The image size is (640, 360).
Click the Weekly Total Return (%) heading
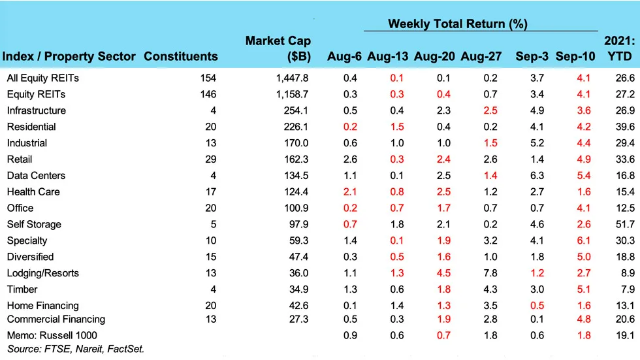point(458,24)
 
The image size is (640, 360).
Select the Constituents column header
point(181,56)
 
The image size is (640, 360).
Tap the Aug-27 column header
point(481,56)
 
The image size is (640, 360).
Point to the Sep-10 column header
point(575,56)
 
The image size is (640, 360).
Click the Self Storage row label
point(34,224)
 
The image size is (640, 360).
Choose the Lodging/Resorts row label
point(43,273)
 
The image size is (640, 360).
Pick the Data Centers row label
point(36,176)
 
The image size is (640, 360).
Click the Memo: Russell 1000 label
point(52,336)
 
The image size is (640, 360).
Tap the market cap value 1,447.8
point(293,78)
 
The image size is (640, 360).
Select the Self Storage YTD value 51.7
point(625,224)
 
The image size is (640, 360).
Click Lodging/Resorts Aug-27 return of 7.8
point(490,273)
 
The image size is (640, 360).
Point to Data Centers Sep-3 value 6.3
point(537,176)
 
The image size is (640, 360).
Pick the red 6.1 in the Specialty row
point(584,240)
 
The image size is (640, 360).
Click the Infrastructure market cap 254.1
point(296,110)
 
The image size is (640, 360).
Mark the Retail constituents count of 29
point(210,159)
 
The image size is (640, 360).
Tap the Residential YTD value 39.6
point(625,127)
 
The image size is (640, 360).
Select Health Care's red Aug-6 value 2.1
point(350,192)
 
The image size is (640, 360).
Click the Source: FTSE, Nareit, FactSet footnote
point(76,349)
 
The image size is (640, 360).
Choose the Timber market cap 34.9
point(299,289)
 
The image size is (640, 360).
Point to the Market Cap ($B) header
point(278,48)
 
